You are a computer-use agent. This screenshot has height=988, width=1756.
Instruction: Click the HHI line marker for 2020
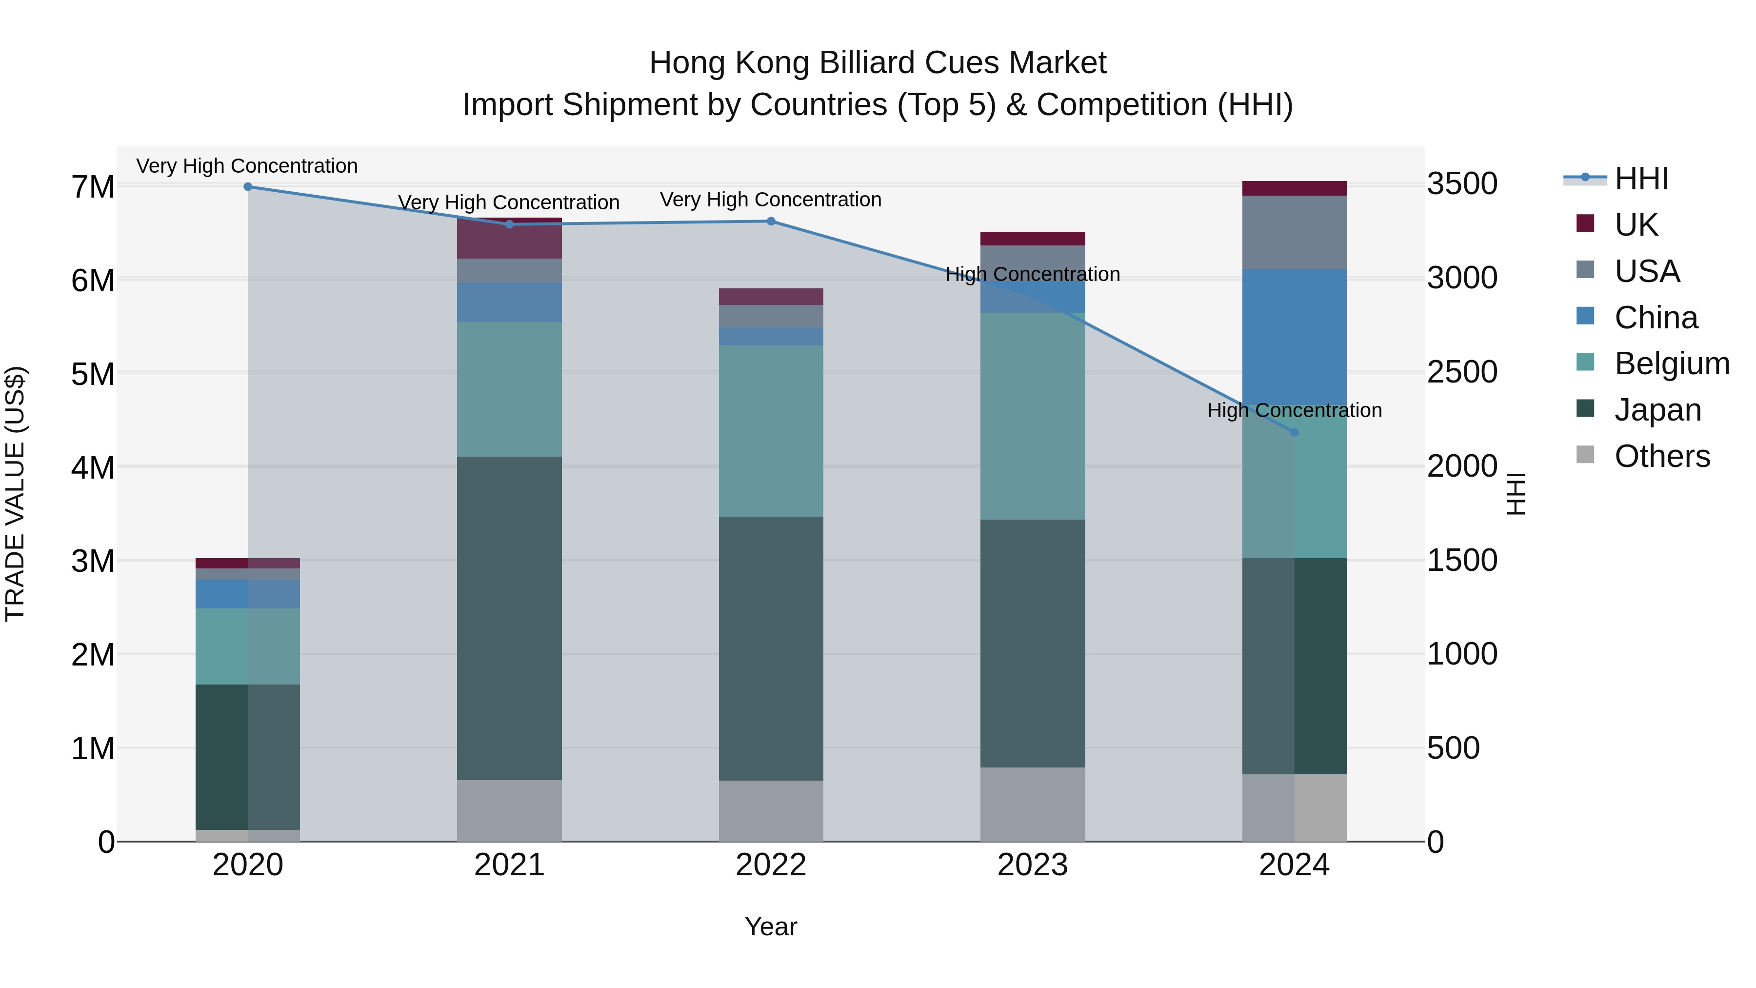click(x=247, y=187)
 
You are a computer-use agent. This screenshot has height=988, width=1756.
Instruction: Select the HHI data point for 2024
click(x=1294, y=432)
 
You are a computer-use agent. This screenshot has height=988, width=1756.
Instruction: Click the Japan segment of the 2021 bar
click(x=509, y=617)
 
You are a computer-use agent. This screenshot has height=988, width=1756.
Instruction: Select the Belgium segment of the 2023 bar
click(x=1032, y=416)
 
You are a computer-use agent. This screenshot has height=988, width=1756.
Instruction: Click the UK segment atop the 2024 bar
click(x=1294, y=188)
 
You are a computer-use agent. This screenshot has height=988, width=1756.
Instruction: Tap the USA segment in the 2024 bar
click(x=1294, y=233)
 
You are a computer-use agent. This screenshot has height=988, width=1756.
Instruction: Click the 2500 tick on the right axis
click(x=1462, y=372)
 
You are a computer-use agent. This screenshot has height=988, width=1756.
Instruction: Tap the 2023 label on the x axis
click(x=1032, y=865)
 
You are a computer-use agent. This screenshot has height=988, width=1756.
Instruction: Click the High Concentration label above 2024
click(x=1294, y=410)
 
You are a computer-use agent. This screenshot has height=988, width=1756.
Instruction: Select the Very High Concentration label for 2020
click(x=247, y=166)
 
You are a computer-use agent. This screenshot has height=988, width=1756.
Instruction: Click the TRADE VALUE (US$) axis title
click(x=15, y=494)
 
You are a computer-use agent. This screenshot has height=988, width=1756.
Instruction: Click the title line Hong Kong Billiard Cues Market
click(x=878, y=63)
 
